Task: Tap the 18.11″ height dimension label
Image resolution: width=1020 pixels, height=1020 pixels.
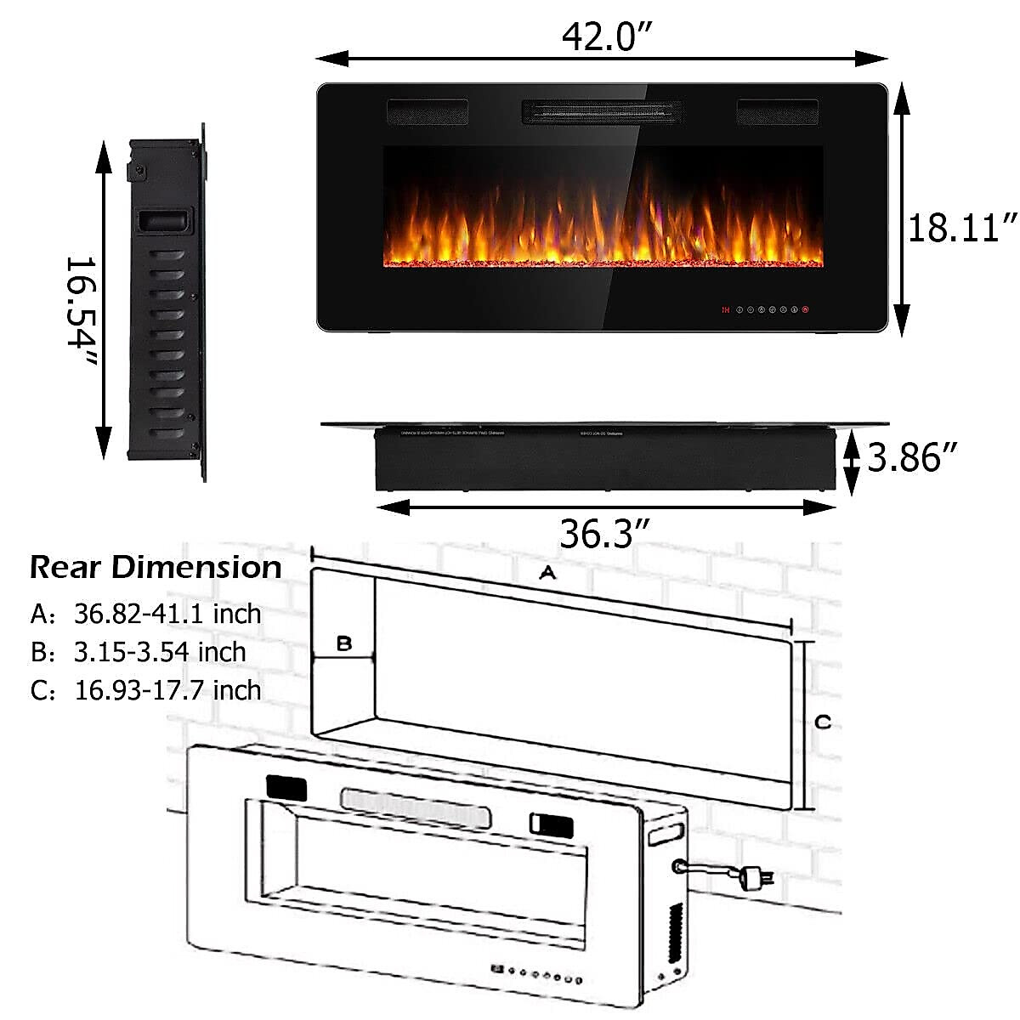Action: coord(962,229)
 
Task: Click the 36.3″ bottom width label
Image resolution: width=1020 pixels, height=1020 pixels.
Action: coord(604,534)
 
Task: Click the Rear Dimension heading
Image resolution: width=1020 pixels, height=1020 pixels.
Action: coord(156,567)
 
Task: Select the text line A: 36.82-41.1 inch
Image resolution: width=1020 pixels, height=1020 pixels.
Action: coord(145,613)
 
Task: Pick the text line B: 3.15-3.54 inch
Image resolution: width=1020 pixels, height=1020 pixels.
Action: coord(138,652)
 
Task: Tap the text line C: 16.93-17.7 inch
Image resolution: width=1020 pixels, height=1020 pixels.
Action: coord(145,690)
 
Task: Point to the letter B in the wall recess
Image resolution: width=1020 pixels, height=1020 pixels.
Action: coord(343,643)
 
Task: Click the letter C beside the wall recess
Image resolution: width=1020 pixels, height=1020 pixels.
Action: coord(823,722)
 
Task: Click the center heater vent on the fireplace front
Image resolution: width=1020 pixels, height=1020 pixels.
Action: coord(601,111)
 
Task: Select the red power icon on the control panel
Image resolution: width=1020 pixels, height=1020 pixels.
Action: coord(804,310)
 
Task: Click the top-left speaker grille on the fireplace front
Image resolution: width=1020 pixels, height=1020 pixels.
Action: coord(428,111)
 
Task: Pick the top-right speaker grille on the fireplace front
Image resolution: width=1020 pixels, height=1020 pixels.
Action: coord(777,111)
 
